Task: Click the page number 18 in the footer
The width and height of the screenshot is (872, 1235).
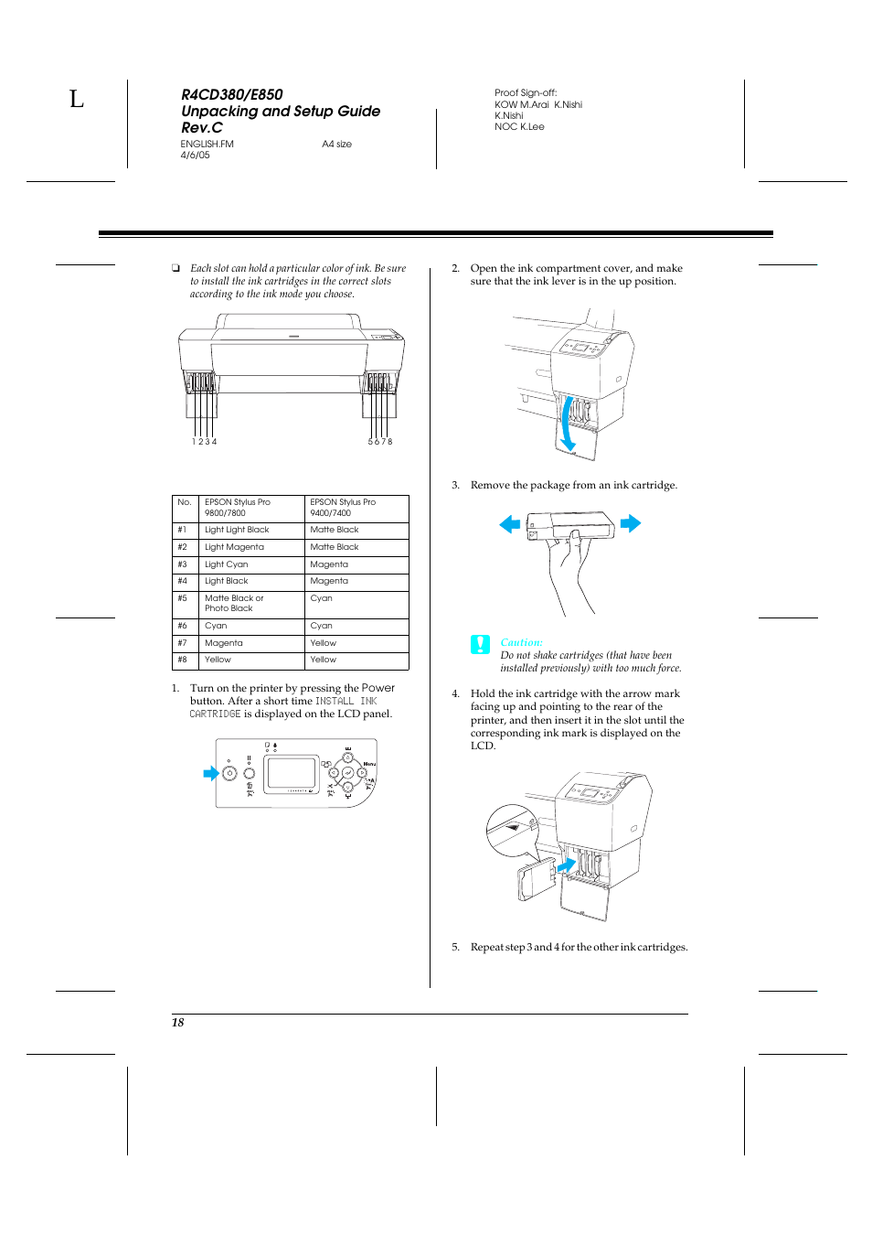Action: point(177,1023)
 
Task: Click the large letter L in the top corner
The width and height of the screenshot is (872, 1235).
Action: point(77,99)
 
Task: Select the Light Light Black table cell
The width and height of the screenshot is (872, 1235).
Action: point(237,530)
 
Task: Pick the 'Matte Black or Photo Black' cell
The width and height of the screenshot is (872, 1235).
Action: point(234,604)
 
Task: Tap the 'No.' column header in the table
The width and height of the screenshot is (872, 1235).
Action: point(185,502)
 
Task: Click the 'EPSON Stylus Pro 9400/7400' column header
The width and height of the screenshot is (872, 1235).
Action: point(343,508)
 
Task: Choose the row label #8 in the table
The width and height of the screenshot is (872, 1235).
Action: point(183,660)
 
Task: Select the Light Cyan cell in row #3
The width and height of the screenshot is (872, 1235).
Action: point(227,564)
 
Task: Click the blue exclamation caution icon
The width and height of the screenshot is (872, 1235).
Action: point(480,644)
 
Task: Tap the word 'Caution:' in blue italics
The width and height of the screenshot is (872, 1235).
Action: point(521,642)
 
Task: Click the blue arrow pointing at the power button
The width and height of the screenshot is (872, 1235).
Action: point(211,774)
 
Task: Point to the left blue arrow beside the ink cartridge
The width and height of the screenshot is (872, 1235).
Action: point(509,524)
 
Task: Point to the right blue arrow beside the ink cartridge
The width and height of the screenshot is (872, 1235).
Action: point(631,524)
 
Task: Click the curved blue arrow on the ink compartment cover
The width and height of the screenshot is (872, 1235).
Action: point(568,424)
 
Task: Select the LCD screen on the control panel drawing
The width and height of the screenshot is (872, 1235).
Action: point(291,773)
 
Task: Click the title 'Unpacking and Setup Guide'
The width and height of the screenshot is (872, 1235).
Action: point(281,112)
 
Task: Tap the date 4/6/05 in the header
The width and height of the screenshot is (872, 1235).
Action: point(195,156)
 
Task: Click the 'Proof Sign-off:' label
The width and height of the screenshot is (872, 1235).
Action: point(526,93)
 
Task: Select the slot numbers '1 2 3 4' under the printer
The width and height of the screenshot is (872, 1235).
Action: point(204,442)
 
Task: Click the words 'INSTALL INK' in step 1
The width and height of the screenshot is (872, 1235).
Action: point(346,702)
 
